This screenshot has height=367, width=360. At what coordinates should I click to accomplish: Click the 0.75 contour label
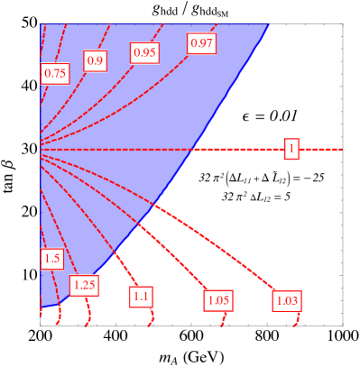pos(55,74)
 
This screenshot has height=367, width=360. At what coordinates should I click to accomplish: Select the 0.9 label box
pos(95,60)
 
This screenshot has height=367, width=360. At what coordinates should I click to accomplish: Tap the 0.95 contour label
pos(144,52)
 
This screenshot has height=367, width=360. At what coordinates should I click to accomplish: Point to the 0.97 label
pos(201,42)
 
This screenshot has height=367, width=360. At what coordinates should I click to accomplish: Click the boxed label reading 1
pos(291,149)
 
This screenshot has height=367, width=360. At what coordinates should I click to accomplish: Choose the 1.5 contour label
pos(51,259)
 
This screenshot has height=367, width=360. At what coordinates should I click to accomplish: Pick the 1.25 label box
pos(84,285)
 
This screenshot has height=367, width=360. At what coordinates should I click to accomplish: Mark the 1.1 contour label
pos(142,295)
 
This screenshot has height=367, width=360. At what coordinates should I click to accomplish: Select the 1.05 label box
pos(218,300)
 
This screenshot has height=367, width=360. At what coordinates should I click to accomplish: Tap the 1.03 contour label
pos(287,300)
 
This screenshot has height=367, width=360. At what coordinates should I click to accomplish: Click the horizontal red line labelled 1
pos(235,149)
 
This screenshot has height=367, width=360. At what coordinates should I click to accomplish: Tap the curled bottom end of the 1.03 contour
pos(295,321)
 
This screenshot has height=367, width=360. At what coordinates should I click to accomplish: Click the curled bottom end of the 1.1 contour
pos(151,322)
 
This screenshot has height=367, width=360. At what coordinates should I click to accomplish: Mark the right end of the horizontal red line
pos(341,149)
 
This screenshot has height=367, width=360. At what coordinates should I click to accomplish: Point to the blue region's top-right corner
pos(270,24)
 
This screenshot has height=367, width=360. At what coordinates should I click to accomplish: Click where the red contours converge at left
pos(42,149)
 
